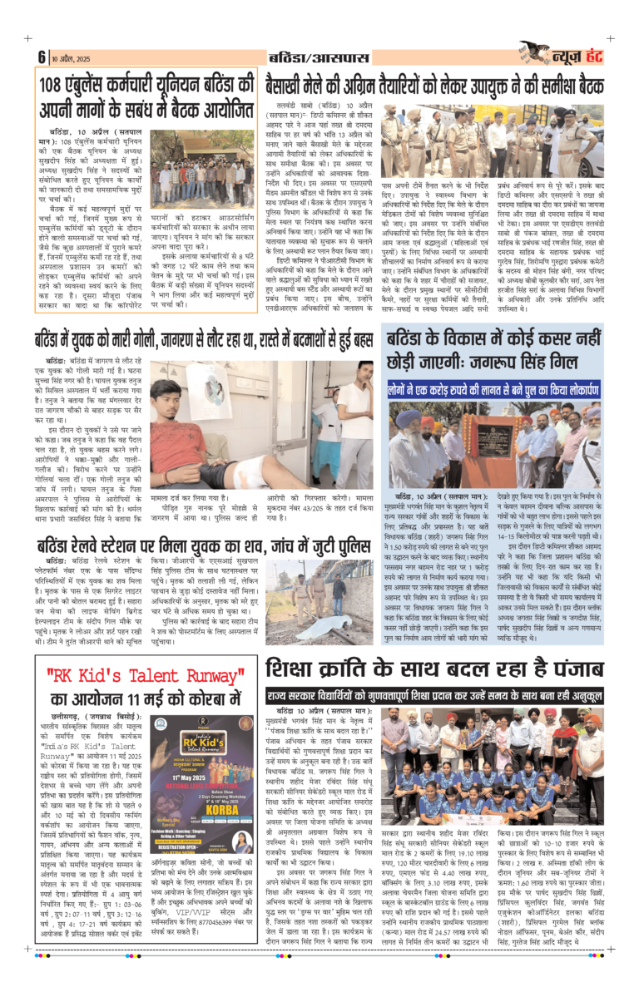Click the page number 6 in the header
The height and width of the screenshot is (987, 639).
[40, 57]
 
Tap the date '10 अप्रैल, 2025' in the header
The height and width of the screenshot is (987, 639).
[69, 57]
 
